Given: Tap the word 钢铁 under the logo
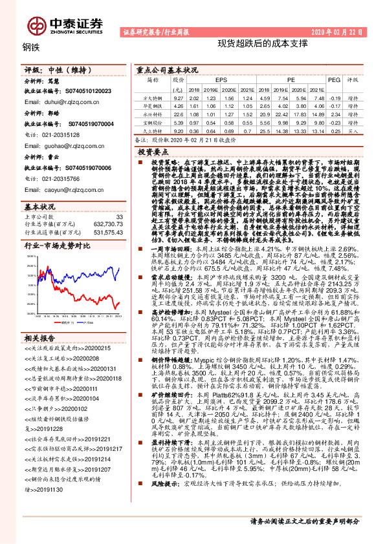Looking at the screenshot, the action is (x=30, y=47).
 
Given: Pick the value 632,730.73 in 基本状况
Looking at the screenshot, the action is (x=105, y=224).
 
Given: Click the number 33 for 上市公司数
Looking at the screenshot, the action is (x=118, y=216).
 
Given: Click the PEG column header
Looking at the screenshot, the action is (x=335, y=80).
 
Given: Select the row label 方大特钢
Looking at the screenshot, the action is (x=153, y=97).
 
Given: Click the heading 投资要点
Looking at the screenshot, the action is (x=153, y=150).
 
